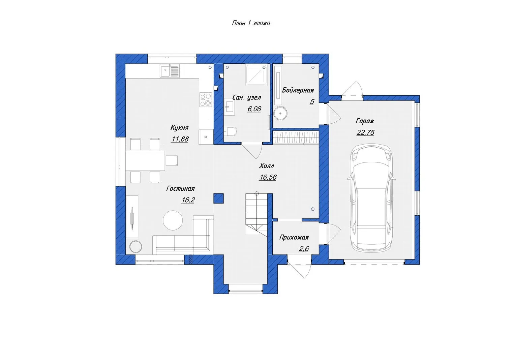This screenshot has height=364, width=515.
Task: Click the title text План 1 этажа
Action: point(251,23)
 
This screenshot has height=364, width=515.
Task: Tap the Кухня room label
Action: point(179,128)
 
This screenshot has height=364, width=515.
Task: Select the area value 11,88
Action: point(180,139)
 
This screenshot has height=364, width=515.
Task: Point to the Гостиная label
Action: point(180,189)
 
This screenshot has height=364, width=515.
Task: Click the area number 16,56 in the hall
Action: point(268,177)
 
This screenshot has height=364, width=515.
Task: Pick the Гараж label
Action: point(365,121)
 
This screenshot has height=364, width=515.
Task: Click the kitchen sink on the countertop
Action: point(170,71)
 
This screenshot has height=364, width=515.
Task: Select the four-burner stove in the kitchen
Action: point(206,99)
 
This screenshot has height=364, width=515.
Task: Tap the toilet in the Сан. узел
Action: point(231,131)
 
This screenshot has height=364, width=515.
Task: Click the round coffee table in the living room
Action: point(173,220)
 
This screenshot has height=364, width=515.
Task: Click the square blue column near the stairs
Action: point(218,199)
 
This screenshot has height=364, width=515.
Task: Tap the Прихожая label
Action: point(294,237)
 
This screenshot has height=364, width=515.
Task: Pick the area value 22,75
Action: point(365,132)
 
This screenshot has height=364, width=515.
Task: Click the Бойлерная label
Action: point(298,90)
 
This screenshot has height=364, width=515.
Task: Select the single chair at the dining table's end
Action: point(172,160)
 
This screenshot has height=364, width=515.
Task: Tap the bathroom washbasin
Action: point(229,107)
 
